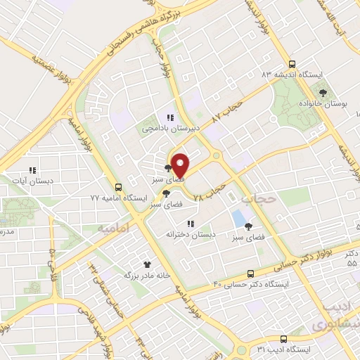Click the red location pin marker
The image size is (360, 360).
180,165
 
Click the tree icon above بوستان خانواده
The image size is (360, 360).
323,92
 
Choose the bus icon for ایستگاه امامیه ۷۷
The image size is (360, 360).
118,188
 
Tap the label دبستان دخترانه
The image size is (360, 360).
190,234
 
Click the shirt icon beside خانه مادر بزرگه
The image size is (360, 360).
147,264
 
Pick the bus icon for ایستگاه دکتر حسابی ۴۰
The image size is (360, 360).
251,274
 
